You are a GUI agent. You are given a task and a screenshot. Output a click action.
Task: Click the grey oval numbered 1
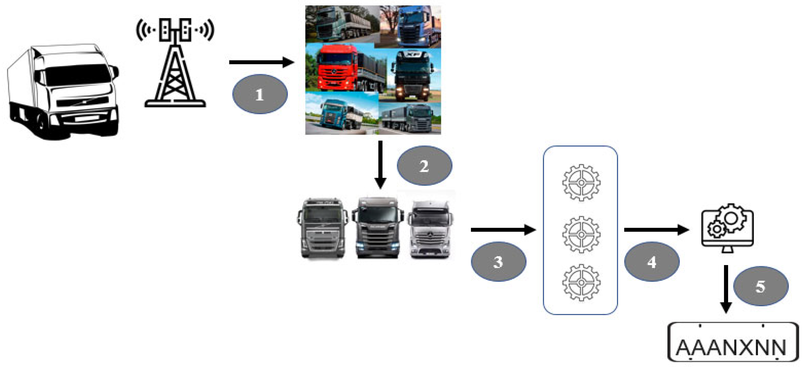click(x=260, y=94)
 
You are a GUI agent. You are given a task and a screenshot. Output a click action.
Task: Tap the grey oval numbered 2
click(x=424, y=165)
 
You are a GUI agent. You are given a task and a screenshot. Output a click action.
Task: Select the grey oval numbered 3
click(x=498, y=262)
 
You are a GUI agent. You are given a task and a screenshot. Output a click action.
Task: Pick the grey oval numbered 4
click(x=651, y=262)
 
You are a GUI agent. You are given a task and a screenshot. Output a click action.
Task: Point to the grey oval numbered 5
click(x=761, y=286)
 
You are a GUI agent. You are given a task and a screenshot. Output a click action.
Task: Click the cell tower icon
click(x=175, y=62)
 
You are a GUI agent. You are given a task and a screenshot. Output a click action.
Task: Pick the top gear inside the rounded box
click(x=581, y=183)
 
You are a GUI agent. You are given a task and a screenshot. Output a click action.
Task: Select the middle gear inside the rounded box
click(x=581, y=234)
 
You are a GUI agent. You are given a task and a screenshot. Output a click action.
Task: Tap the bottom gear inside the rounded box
click(x=581, y=282)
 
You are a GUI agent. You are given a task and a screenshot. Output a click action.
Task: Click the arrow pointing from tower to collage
click(x=261, y=62)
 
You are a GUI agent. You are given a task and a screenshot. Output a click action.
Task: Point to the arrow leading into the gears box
click(x=503, y=230)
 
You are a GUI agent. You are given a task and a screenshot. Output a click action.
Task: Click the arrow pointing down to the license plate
click(x=726, y=288)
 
